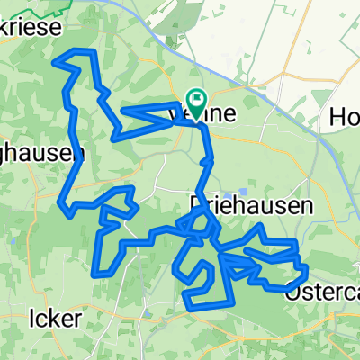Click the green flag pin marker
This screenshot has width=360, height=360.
195,100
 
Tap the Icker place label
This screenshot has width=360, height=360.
56,319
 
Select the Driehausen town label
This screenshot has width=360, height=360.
252,206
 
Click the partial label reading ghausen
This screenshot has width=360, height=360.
36,154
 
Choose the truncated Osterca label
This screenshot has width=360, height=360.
322,290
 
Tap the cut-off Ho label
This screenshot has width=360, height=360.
345,116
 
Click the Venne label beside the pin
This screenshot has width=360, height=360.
216,115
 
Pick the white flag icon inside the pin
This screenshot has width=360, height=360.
195,97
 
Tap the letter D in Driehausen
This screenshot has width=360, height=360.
199,206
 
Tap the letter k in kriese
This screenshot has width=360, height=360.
9,28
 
